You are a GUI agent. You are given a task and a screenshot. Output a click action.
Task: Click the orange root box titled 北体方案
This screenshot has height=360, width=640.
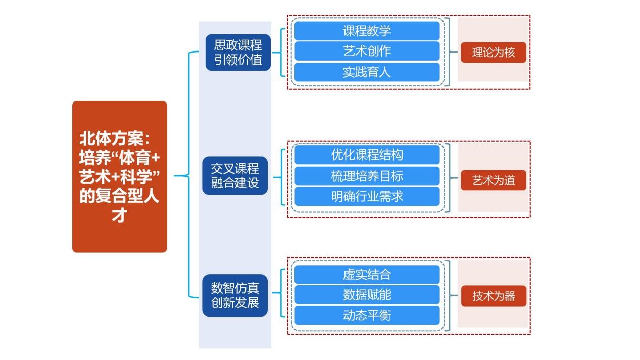pyautogui.click(x=119, y=176)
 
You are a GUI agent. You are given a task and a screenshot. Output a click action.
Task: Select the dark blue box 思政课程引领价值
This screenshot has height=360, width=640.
pyautogui.click(x=238, y=52)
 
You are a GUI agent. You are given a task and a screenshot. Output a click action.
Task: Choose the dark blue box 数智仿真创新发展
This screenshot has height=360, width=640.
pyautogui.click(x=235, y=295)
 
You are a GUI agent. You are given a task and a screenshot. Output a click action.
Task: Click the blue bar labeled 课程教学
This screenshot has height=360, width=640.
pyautogui.click(x=367, y=31)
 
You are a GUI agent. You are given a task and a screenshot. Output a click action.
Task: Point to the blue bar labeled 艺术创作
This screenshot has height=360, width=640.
pyautogui.click(x=367, y=51)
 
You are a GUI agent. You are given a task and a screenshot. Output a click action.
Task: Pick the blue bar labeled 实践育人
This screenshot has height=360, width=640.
pyautogui.click(x=367, y=72)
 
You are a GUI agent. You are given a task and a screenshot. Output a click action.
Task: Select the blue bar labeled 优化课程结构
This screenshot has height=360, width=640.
pyautogui.click(x=367, y=155)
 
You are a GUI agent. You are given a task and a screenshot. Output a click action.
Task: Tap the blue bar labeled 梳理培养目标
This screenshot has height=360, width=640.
pyautogui.click(x=367, y=176)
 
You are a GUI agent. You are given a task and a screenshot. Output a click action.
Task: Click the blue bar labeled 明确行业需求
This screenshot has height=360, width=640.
pyautogui.click(x=367, y=196)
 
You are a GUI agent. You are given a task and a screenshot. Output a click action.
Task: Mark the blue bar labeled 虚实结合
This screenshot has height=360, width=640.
pyautogui.click(x=367, y=274)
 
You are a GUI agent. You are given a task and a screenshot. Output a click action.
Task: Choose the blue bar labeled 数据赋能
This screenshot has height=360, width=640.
pyautogui.click(x=367, y=294)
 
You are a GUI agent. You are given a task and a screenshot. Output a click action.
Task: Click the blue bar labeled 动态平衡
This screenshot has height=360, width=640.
pyautogui.click(x=367, y=315)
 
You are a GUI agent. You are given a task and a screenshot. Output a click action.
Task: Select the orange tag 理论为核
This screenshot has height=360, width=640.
pyautogui.click(x=493, y=52)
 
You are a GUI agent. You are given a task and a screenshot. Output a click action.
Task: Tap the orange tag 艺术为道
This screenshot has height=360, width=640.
pyautogui.click(x=493, y=180)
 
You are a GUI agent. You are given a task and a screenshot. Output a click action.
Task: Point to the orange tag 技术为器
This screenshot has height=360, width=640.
pyautogui.click(x=493, y=296)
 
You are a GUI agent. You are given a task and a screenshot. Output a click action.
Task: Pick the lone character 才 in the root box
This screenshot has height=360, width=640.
pyautogui.click(x=119, y=215)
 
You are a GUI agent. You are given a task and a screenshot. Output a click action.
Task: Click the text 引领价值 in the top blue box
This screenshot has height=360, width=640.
pyautogui.click(x=238, y=60)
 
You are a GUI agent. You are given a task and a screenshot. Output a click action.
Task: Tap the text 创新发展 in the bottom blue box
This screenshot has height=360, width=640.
pyautogui.click(x=235, y=303)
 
